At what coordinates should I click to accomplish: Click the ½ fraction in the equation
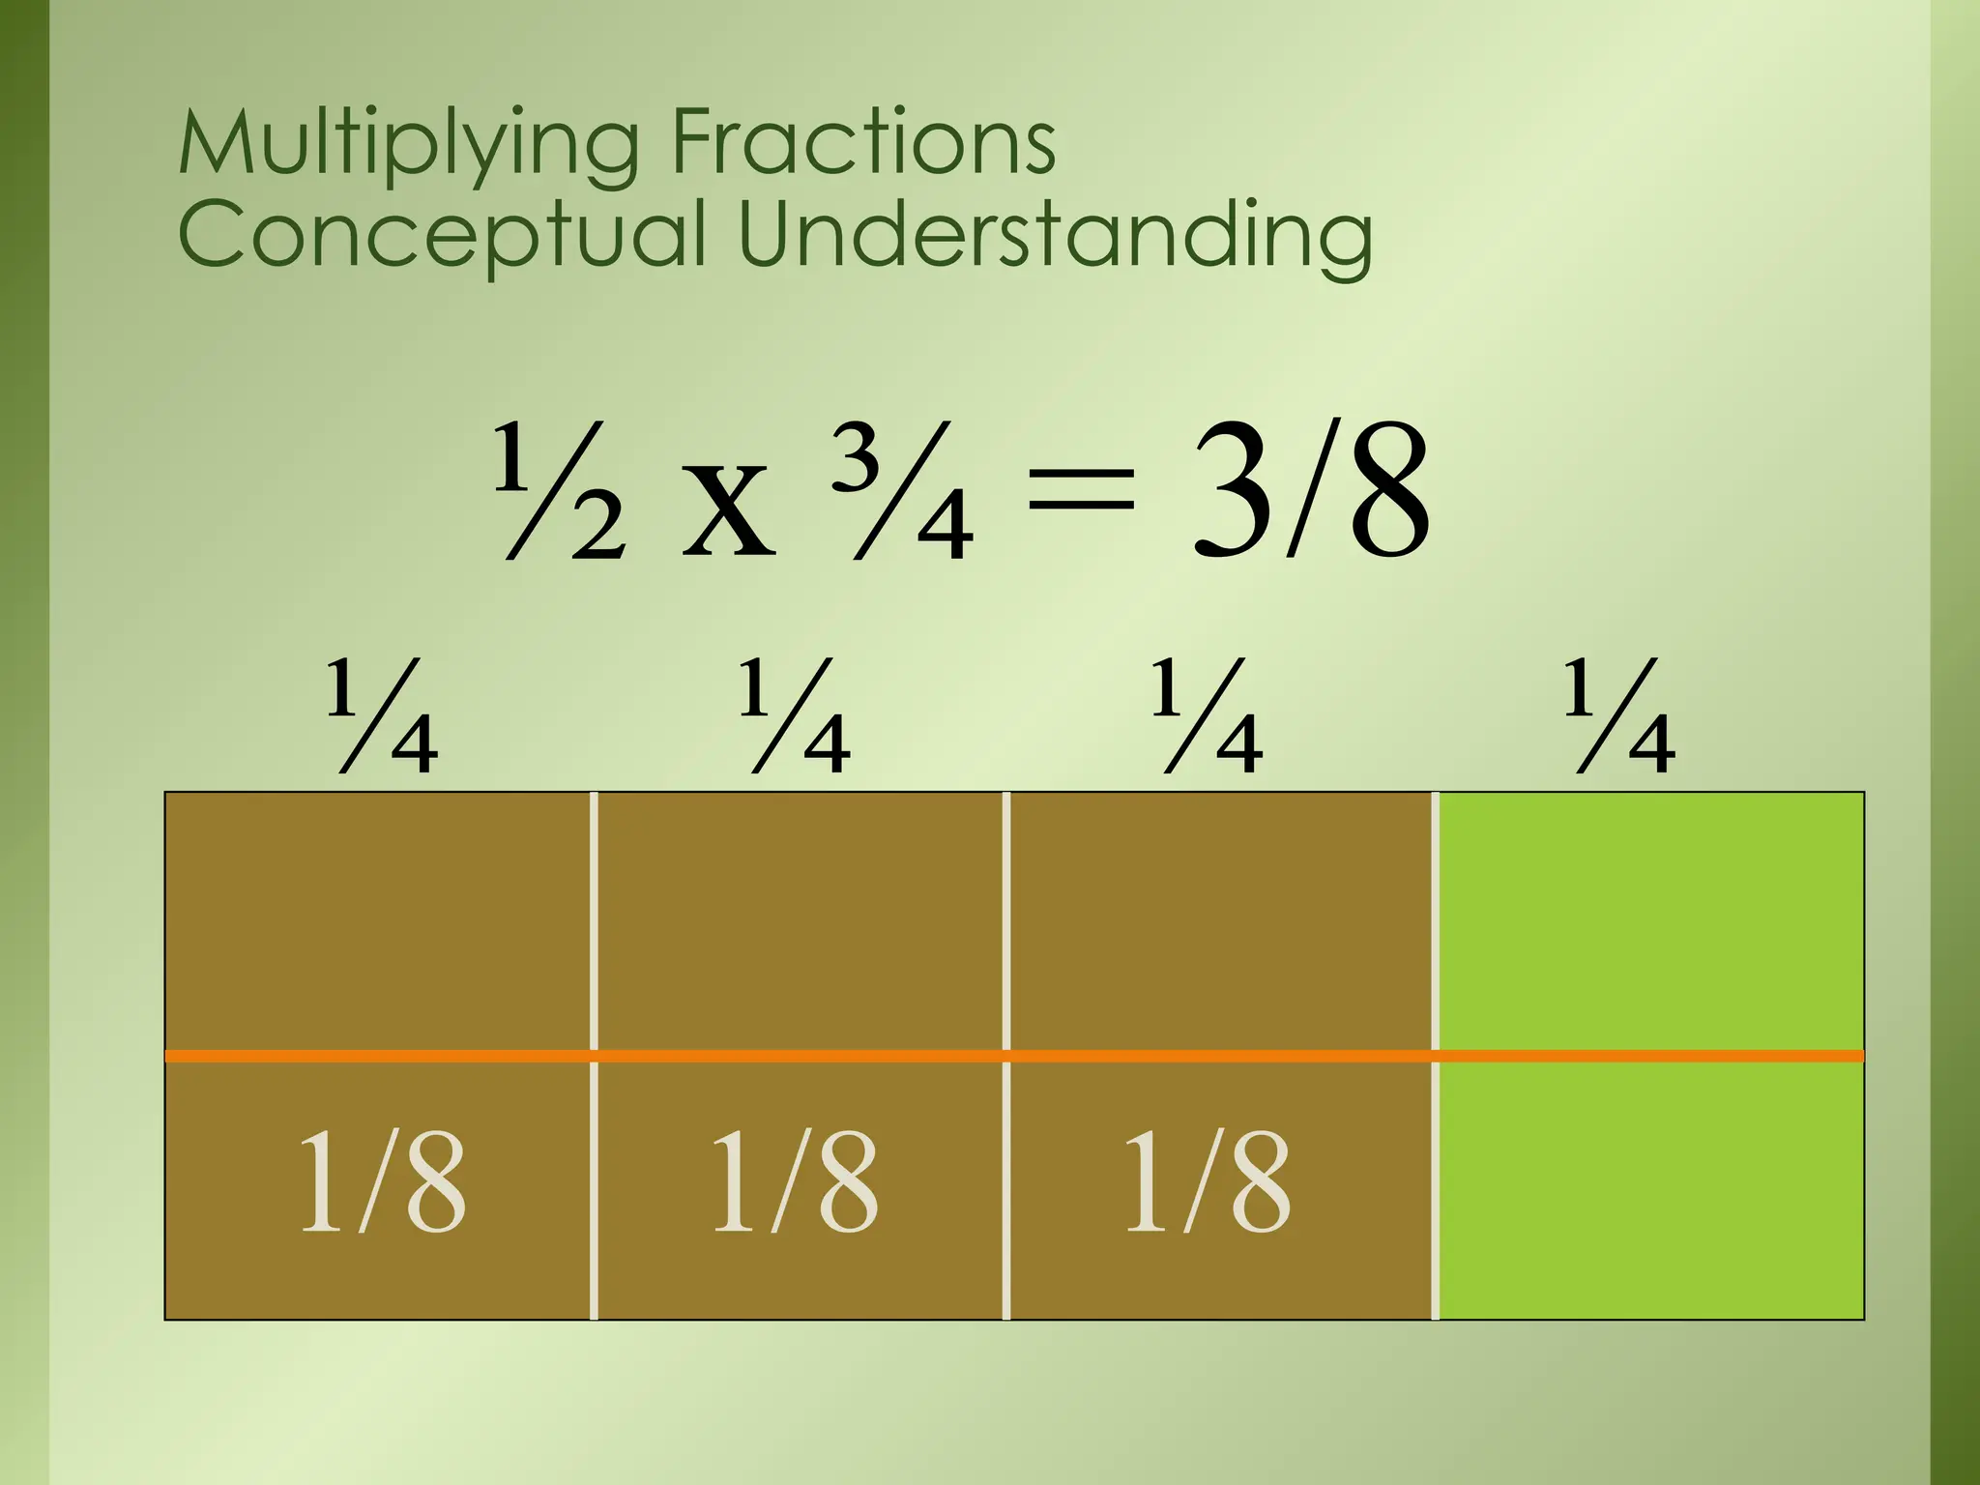560,492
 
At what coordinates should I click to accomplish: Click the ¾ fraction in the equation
901,492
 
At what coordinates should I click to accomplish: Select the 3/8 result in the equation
1310,492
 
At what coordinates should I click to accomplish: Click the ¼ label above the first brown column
382,716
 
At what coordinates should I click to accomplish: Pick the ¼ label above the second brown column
795,716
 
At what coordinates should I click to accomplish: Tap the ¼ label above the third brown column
1208,716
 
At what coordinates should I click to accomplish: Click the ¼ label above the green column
1620,716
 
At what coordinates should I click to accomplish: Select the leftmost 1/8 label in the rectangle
382,1181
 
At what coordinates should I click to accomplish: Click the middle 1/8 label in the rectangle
795,1181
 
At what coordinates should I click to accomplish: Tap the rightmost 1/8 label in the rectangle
1208,1181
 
